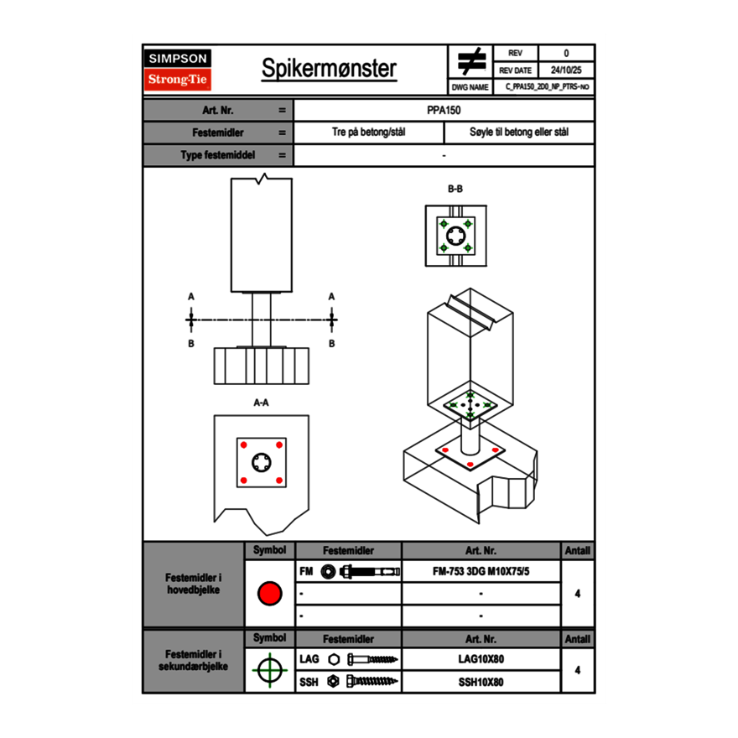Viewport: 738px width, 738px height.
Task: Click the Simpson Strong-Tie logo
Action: pos(178,69)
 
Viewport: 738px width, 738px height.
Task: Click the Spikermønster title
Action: pos(329,69)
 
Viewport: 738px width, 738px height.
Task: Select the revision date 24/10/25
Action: pos(566,70)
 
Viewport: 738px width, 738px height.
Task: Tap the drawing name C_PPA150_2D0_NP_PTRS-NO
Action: pos(548,86)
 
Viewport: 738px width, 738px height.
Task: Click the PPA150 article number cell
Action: pos(444,110)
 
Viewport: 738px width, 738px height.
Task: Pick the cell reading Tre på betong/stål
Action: pos(368,133)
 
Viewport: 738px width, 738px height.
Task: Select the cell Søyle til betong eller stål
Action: pos(519,133)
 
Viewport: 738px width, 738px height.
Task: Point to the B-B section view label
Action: pos(455,189)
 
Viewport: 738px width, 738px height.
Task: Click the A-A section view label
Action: pos(262,403)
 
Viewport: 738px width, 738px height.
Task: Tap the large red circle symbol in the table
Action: pos(269,594)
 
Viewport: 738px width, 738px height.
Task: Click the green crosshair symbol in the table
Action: pos(269,670)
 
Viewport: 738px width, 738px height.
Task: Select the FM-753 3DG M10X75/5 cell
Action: pos(481,571)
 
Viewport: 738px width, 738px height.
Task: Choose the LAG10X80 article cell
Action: pos(481,659)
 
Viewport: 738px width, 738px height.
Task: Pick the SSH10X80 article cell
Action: pos(481,682)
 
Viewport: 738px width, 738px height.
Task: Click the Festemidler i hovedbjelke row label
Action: pos(194,585)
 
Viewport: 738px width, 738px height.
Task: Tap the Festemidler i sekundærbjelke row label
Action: pos(194,660)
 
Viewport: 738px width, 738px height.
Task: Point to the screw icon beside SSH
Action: pos(369,682)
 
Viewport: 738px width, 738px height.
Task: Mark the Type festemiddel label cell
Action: pos(218,155)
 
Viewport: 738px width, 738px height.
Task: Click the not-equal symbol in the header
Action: pos(471,61)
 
